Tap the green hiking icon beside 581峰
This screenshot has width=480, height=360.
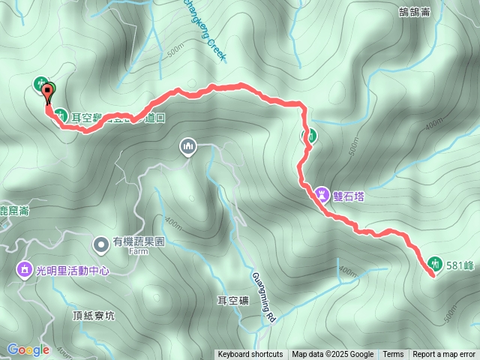(434, 263)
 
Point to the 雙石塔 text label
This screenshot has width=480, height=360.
(349, 194)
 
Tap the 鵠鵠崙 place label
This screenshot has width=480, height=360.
(415, 11)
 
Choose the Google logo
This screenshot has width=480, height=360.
(28, 349)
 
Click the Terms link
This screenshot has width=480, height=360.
(393, 355)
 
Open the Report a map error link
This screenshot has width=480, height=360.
(444, 355)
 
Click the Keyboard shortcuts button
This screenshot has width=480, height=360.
(250, 355)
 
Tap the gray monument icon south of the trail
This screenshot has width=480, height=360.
(187, 146)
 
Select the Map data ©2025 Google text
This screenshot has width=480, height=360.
(333, 355)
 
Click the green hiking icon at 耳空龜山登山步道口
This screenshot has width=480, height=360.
(60, 116)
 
